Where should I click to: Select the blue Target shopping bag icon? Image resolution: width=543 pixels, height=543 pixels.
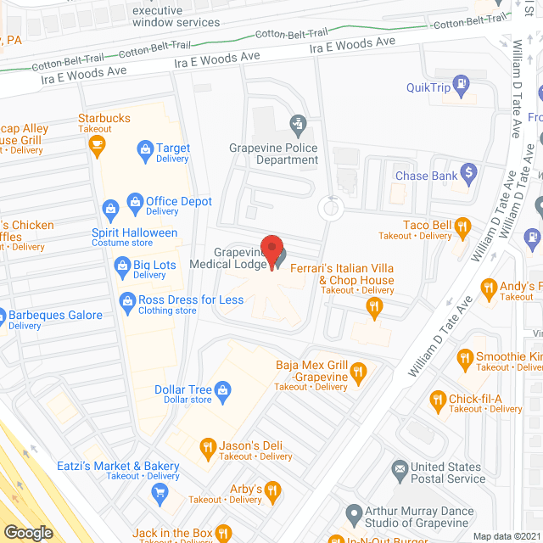[x=144, y=152]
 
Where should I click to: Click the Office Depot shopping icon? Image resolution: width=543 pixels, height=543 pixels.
[x=134, y=201]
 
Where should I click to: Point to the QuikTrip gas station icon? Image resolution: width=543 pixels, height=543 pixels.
[x=461, y=84]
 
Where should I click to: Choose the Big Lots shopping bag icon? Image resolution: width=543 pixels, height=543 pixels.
[x=121, y=268]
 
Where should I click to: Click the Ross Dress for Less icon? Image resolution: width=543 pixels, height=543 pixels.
[x=126, y=300]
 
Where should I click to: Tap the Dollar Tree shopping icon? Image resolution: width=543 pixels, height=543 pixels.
[x=223, y=390]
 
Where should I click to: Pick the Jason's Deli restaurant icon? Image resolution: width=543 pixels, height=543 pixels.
[x=207, y=446]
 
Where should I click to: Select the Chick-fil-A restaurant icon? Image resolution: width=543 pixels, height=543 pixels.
[x=438, y=399]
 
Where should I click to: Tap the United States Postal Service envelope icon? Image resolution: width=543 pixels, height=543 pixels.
[x=399, y=468]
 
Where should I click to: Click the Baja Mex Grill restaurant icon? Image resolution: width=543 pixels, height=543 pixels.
[x=359, y=370]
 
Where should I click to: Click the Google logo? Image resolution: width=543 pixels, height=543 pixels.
[x=27, y=533]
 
